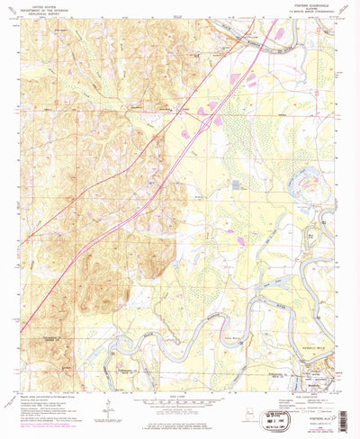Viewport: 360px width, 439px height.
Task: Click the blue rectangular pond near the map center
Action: click(236, 184)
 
